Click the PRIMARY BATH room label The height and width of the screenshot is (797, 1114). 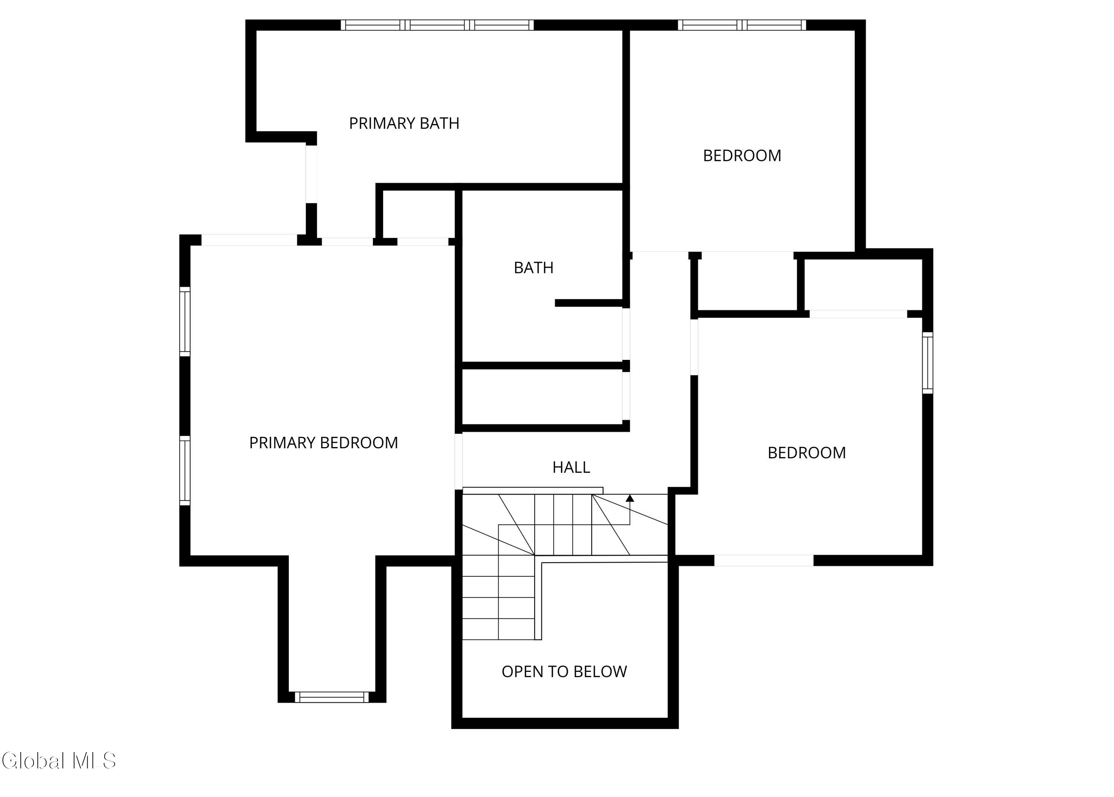click(x=404, y=123)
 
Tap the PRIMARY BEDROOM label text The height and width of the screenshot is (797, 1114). click(x=323, y=443)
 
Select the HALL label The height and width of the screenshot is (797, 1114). click(x=571, y=467)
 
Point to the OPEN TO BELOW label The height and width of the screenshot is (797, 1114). click(x=564, y=671)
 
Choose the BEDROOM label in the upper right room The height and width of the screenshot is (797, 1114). click(x=742, y=156)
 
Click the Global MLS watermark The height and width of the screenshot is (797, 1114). click(x=59, y=760)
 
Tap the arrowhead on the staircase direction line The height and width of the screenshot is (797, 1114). click(x=630, y=498)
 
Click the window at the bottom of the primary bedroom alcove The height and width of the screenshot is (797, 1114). click(x=332, y=697)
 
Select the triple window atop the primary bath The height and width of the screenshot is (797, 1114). click(x=437, y=25)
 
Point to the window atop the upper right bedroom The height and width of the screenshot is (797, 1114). click(x=742, y=25)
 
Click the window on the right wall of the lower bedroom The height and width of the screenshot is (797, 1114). click(x=928, y=363)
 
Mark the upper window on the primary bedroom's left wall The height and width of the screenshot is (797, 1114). click(x=185, y=322)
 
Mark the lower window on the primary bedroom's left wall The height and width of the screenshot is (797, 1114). click(x=185, y=471)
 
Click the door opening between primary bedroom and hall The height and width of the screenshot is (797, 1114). click(x=458, y=461)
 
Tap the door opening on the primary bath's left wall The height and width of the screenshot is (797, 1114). click(x=311, y=174)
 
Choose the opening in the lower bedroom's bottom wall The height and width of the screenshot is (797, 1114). click(x=763, y=560)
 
